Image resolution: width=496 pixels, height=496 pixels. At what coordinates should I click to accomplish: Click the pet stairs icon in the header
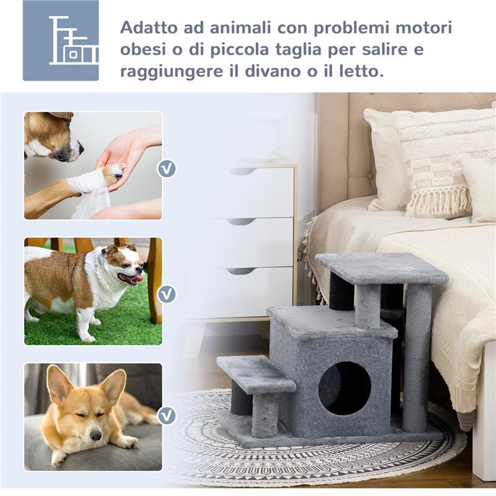tap(61, 40)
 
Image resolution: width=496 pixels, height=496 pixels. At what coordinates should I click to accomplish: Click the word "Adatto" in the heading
tap(146, 29)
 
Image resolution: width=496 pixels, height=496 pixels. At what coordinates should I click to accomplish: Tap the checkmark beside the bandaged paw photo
tap(166, 169)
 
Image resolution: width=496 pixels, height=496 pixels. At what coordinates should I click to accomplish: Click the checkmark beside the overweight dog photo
tap(166, 294)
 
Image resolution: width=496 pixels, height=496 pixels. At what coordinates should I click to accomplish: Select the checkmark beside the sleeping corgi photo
tap(166, 415)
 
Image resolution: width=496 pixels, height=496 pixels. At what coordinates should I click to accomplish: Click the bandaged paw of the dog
tap(90, 182)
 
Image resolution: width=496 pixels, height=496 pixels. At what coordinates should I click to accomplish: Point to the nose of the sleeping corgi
tap(96, 436)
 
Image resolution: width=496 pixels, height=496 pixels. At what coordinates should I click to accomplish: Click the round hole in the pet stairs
tap(344, 388)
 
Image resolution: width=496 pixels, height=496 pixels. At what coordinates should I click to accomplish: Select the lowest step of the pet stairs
tap(255, 374)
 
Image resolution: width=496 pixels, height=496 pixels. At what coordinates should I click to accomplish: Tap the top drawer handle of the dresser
tap(241, 171)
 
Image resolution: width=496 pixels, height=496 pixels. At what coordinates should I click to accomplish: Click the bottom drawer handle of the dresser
tap(241, 271)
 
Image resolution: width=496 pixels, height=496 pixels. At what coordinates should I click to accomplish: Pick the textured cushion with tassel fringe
tap(441, 161)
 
